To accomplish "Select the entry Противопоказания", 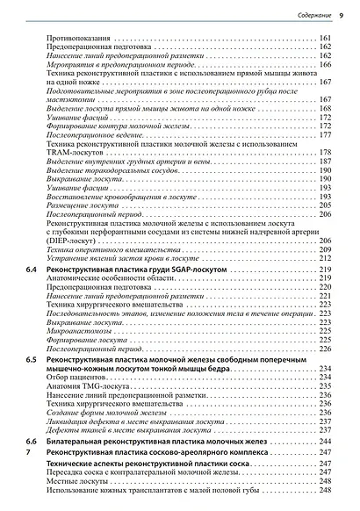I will click(x=77, y=40).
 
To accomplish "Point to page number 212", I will click(x=336, y=259).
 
